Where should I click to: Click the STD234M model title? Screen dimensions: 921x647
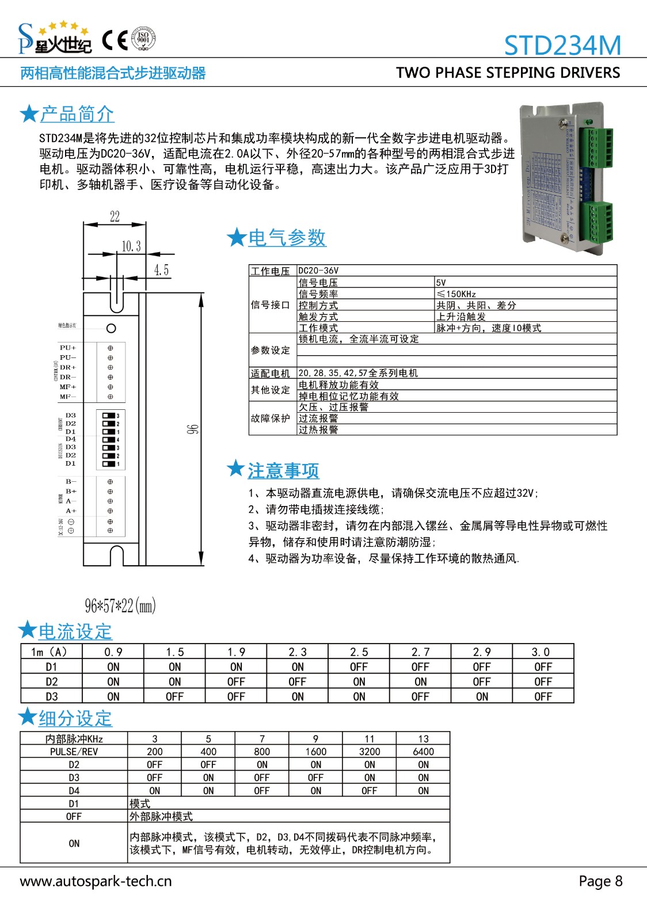(x=562, y=45)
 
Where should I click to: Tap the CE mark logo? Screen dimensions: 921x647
(x=115, y=40)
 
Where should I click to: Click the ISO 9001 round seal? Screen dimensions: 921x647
(x=143, y=39)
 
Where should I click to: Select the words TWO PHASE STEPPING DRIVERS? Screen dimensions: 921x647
(x=508, y=73)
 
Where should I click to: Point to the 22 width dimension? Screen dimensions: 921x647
(x=115, y=216)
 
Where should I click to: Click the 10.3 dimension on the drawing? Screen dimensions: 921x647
(x=131, y=246)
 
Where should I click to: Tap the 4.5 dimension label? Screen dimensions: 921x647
(x=162, y=270)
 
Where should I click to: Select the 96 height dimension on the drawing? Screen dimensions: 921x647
(x=192, y=429)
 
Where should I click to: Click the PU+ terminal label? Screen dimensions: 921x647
(x=68, y=348)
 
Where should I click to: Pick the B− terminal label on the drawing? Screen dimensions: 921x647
(x=71, y=481)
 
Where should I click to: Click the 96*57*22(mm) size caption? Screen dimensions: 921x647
(x=120, y=606)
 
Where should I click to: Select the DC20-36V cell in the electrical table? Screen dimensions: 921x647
(x=318, y=271)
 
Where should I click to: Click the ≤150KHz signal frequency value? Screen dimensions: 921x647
(x=456, y=294)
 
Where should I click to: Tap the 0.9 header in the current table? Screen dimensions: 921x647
(x=113, y=652)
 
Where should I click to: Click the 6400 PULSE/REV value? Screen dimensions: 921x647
(x=423, y=752)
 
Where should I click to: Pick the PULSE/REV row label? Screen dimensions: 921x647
(x=74, y=752)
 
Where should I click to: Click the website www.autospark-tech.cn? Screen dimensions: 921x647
(x=96, y=881)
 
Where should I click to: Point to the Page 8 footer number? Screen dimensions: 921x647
(x=600, y=881)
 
